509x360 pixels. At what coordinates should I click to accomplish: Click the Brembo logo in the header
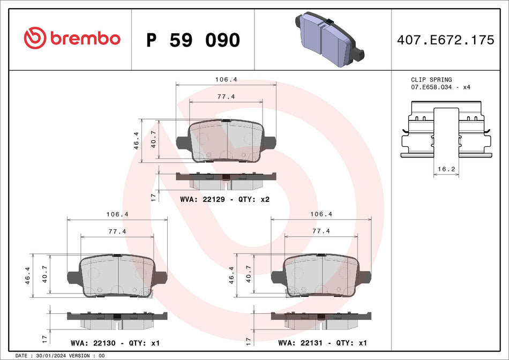point(72,38)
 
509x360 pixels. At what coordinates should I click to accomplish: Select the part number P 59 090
point(193,40)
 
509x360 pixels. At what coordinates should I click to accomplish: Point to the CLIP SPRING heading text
point(431,79)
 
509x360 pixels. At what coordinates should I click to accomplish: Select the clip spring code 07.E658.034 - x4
point(440,87)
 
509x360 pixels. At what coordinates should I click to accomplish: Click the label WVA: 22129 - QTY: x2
point(224,200)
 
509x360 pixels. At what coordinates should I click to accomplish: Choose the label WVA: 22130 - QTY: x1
point(115,343)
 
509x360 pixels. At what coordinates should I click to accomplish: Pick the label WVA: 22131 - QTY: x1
point(321,343)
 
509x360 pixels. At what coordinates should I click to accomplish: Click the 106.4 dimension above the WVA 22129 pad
point(226,79)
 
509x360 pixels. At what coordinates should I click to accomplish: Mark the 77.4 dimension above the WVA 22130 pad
point(116,231)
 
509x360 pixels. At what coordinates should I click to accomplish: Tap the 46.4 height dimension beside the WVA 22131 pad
point(232,275)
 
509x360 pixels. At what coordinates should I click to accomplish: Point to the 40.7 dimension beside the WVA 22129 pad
point(154,139)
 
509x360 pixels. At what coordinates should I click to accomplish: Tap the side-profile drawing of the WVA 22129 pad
point(226,181)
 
